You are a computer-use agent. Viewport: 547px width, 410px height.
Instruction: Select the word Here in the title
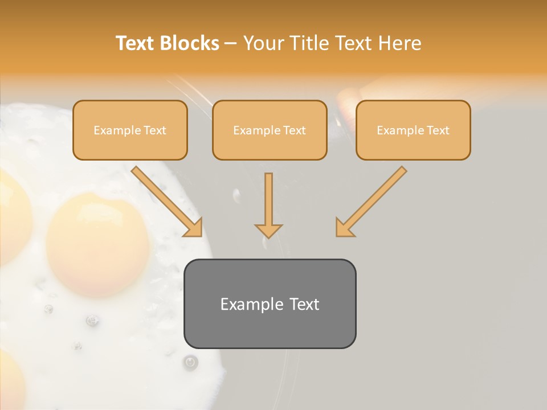click(399, 43)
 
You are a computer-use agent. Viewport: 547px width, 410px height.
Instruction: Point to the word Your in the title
click(263, 43)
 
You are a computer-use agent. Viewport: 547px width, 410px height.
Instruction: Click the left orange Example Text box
click(130, 130)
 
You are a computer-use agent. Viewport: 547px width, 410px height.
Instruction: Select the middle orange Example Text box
click(270, 130)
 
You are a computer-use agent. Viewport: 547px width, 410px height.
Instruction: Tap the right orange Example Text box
click(413, 130)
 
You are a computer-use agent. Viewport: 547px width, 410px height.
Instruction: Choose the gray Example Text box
click(270, 304)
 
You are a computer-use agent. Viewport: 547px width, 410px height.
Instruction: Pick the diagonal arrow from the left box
click(165, 199)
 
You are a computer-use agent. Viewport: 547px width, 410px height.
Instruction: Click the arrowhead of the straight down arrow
click(268, 229)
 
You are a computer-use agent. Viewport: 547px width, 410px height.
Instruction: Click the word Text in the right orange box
click(438, 130)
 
